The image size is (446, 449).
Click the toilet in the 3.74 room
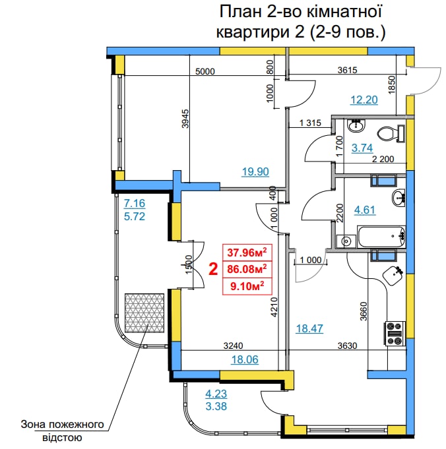[391, 133]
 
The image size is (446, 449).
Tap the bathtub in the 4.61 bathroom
[381, 237]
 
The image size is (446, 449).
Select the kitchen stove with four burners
[395, 334]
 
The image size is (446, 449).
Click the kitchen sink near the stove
[393, 275]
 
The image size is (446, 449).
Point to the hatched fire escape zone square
[144, 313]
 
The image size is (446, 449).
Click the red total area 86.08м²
[247, 269]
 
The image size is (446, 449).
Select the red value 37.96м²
[247, 253]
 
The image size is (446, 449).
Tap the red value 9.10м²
[247, 285]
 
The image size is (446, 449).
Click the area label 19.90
[255, 172]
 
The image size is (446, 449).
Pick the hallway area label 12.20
[364, 100]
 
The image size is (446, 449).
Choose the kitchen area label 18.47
[309, 328]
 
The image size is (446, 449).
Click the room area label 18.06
[245, 359]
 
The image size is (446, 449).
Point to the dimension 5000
[205, 71]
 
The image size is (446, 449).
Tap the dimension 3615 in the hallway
[348, 70]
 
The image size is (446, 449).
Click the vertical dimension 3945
[186, 119]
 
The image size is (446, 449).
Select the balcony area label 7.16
[135, 203]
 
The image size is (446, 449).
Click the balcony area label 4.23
[216, 394]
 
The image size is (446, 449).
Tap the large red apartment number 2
[213, 269]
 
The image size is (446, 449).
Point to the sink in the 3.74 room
[356, 125]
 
